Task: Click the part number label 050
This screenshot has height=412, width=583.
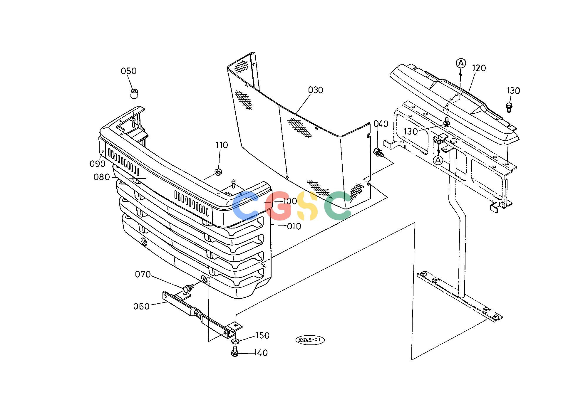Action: point(129,71)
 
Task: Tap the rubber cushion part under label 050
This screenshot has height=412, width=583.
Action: point(134,95)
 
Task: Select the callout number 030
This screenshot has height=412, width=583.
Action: point(316,90)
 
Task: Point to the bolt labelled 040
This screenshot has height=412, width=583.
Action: point(378,153)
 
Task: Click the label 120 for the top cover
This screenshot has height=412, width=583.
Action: point(479,68)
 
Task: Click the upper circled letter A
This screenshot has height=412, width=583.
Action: point(461,63)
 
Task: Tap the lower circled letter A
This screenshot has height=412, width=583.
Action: point(438,160)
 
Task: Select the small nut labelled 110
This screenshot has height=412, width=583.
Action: point(218,171)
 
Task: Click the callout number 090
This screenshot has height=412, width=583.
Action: point(97,164)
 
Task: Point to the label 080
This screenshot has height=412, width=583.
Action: point(102,177)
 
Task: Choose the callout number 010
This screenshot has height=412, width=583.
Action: point(294,226)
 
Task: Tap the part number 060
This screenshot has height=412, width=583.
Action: point(142,307)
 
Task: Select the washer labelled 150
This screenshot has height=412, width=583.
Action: point(235,341)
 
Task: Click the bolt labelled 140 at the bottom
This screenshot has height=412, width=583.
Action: point(234,352)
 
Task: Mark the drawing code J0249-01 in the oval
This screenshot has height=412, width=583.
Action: point(310,340)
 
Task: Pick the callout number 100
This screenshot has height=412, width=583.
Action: point(290,201)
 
